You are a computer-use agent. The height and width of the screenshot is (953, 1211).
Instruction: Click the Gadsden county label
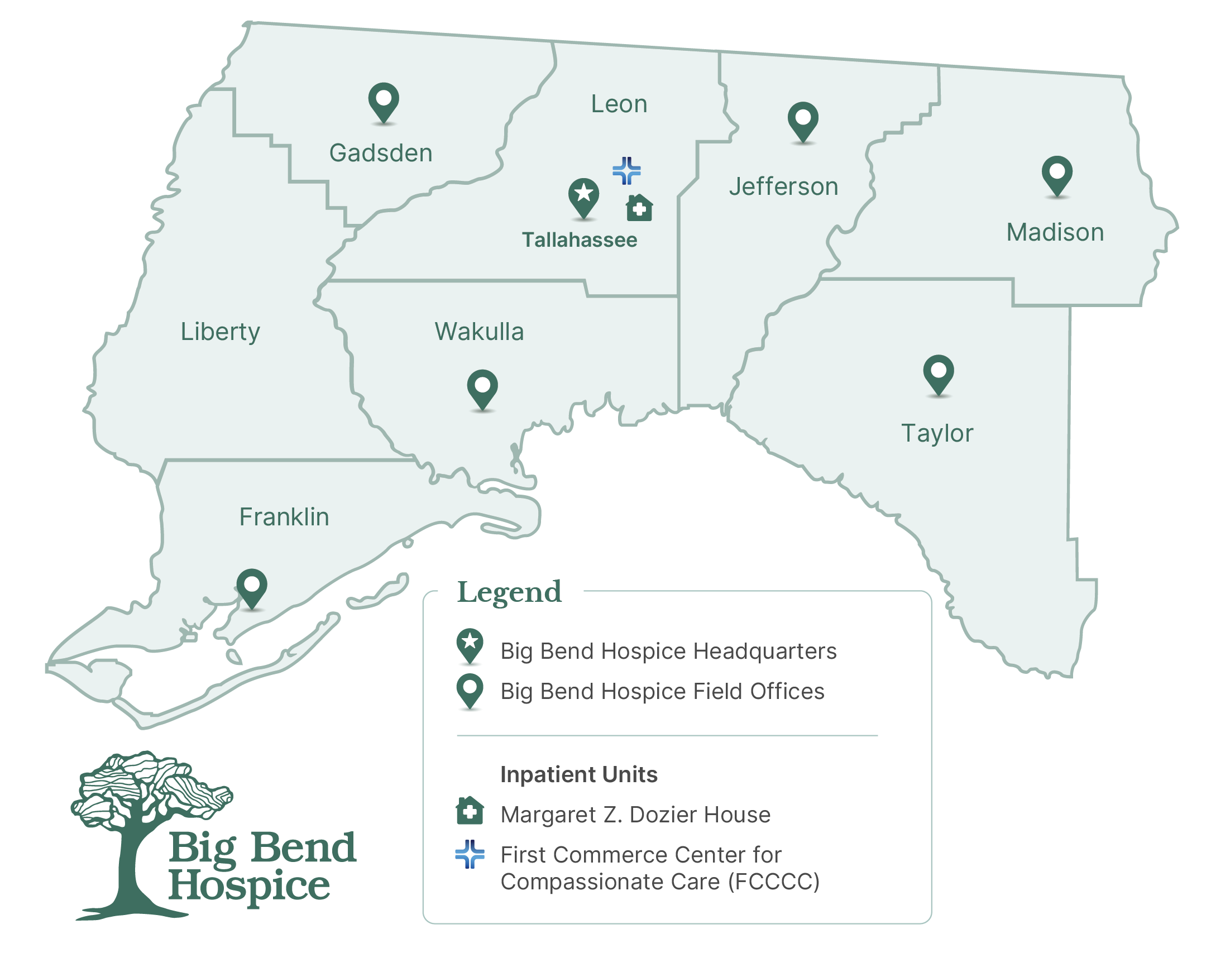pos(381,153)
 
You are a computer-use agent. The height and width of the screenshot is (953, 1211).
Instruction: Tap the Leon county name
pos(619,104)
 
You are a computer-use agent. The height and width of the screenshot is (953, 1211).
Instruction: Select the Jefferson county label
pos(783,186)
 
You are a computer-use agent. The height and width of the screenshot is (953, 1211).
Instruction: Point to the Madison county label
pos(1055,232)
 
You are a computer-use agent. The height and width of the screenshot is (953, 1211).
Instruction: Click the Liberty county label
pos(220,332)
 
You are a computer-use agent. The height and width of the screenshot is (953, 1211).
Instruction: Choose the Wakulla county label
pos(479,332)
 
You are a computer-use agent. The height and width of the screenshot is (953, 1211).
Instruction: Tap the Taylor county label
pos(937,433)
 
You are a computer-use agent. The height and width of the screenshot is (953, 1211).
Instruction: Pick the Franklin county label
pos(284,517)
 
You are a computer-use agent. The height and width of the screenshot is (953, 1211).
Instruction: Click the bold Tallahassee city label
pos(580,240)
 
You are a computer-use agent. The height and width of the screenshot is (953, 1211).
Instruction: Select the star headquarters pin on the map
pos(583,197)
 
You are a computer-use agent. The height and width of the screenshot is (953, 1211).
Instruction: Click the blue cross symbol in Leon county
pos(626,171)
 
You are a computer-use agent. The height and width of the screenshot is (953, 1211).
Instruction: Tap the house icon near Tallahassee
pos(639,208)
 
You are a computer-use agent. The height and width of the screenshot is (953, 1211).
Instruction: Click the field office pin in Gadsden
pos(384,102)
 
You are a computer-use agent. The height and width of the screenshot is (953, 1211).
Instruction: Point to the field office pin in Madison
pos(1057,174)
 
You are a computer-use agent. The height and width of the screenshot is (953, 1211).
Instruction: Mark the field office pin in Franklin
pos(252,587)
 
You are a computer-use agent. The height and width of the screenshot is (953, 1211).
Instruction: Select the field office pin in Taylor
pos(939,373)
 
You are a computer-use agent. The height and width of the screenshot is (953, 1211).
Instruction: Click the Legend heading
pos(509,592)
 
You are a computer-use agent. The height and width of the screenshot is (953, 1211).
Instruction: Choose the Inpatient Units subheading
pos(579,774)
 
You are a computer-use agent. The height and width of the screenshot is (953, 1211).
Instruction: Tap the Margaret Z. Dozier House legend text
pos(635,815)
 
